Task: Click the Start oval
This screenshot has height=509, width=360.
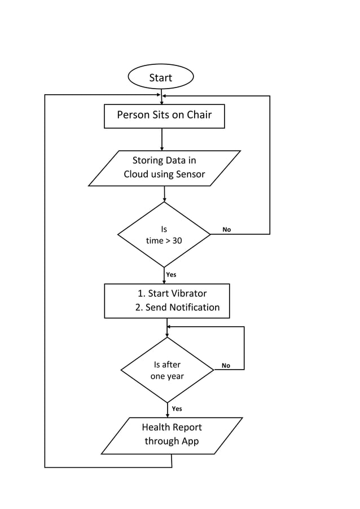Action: (161, 77)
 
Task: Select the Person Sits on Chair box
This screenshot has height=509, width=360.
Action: (164, 116)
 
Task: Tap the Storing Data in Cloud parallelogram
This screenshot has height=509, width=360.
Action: (164, 168)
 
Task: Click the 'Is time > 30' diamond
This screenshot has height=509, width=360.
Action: (164, 235)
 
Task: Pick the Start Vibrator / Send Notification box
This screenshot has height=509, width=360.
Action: (167, 301)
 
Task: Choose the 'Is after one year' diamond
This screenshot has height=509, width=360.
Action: (167, 370)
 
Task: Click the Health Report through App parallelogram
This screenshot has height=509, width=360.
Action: (172, 435)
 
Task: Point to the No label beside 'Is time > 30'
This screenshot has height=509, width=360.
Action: (226, 230)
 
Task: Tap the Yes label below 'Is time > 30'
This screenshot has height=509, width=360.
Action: (171, 275)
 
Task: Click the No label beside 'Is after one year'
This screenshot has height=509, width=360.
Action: (226, 366)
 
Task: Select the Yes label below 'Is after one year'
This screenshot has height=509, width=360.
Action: (177, 409)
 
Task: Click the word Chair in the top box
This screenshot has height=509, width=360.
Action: (199, 115)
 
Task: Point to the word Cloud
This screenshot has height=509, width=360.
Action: (137, 174)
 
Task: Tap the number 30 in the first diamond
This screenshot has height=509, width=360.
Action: (177, 241)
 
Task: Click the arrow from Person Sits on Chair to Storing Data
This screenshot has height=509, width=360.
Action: (162, 139)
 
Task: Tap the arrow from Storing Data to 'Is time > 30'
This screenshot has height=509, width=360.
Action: (164, 194)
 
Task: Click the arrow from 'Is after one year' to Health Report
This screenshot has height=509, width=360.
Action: (168, 410)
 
